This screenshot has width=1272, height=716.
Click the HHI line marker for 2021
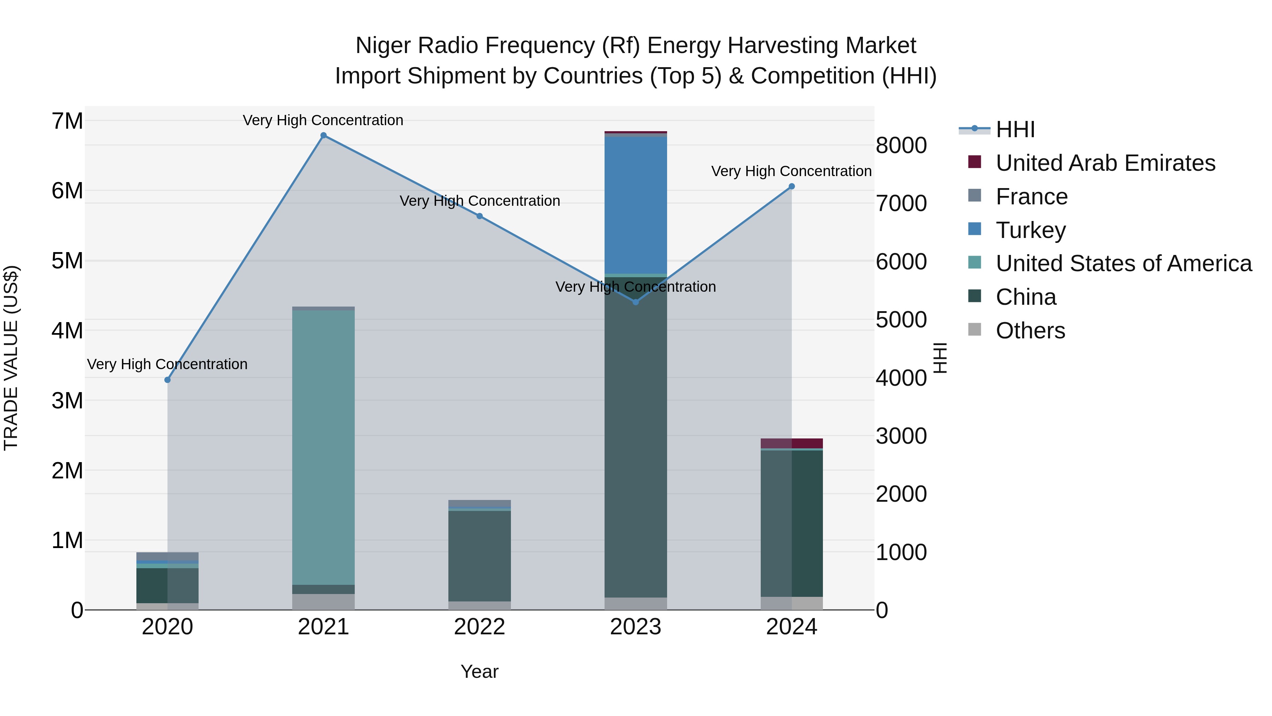[x=323, y=135]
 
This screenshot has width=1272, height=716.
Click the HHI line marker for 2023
[x=636, y=302]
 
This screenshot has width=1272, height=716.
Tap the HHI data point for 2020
[x=167, y=380]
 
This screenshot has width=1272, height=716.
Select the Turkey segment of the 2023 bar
[x=636, y=205]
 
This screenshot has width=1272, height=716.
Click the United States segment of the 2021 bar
[x=323, y=447]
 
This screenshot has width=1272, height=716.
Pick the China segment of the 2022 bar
[x=479, y=556]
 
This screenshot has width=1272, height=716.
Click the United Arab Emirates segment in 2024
[x=791, y=443]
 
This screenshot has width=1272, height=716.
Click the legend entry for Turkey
[x=1031, y=230]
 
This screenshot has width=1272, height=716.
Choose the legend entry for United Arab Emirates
[x=1105, y=163]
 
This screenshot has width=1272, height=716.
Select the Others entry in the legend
[x=1030, y=331]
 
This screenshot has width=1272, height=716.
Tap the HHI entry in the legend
[x=1015, y=129]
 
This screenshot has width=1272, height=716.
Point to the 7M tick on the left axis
[x=67, y=121]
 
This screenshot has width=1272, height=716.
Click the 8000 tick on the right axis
[x=901, y=145]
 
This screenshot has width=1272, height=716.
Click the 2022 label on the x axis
[x=479, y=627]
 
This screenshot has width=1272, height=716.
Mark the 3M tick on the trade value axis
[x=67, y=401]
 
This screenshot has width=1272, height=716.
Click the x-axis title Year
[x=479, y=671]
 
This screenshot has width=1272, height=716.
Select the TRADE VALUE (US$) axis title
[x=11, y=358]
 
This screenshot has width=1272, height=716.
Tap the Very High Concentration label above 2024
[x=791, y=171]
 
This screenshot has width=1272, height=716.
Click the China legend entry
[x=1026, y=297]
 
